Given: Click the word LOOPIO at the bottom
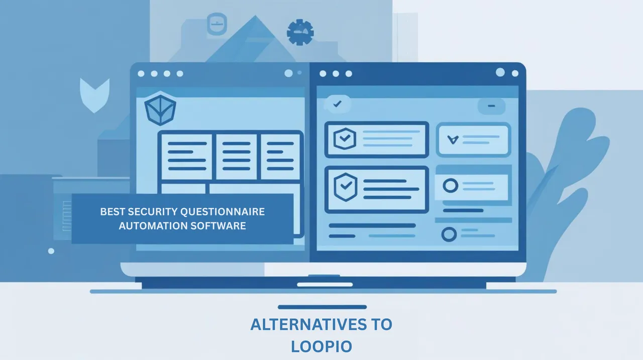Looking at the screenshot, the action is coord(321,346).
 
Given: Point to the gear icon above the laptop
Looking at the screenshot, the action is coord(300,32).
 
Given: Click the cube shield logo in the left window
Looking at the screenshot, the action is coord(160,108).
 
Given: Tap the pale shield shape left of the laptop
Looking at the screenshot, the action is coord(95,95).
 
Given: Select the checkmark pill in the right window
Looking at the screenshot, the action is coord(338,104).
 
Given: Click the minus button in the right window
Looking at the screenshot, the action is coord(491,106).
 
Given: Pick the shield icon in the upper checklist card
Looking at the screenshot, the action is coord(345,139).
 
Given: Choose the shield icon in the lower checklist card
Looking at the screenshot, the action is coord(346,187).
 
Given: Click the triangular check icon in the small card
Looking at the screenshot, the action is coord(453,140).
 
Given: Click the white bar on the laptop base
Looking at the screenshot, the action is coord(325,285).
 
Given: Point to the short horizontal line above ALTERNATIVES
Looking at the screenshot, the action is coord(322,307).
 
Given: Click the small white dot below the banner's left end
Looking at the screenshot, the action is coord(51,251).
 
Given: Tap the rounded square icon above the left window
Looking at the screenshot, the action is coord(217,24).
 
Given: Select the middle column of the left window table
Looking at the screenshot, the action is coord(236,157).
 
